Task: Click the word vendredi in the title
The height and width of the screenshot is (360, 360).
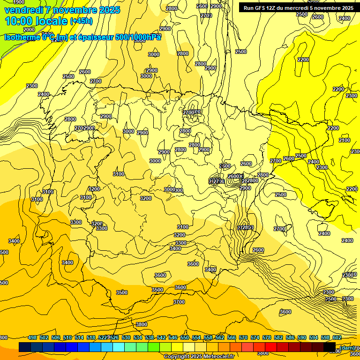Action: click(x=23, y=10)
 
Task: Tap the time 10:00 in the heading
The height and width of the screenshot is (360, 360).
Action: click(x=19, y=21)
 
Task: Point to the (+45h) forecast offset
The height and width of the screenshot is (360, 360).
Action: click(x=81, y=21)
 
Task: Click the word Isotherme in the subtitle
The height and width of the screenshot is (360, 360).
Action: click(x=22, y=37)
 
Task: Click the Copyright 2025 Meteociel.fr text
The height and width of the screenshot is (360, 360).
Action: click(x=199, y=356)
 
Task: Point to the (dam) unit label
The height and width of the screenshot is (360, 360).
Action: click(x=346, y=347)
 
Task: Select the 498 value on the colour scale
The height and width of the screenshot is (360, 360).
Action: click(x=32, y=337)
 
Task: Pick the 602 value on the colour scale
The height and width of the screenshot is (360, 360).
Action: click(x=337, y=337)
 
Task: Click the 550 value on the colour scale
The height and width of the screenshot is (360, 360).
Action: click(x=185, y=337)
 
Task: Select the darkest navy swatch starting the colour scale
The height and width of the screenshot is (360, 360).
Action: click(x=25, y=347)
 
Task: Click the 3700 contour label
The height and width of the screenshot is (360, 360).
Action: click(x=179, y=302)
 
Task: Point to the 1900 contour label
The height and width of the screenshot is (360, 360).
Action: click(x=19, y=2)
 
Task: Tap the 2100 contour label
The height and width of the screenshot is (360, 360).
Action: click(x=345, y=140)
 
